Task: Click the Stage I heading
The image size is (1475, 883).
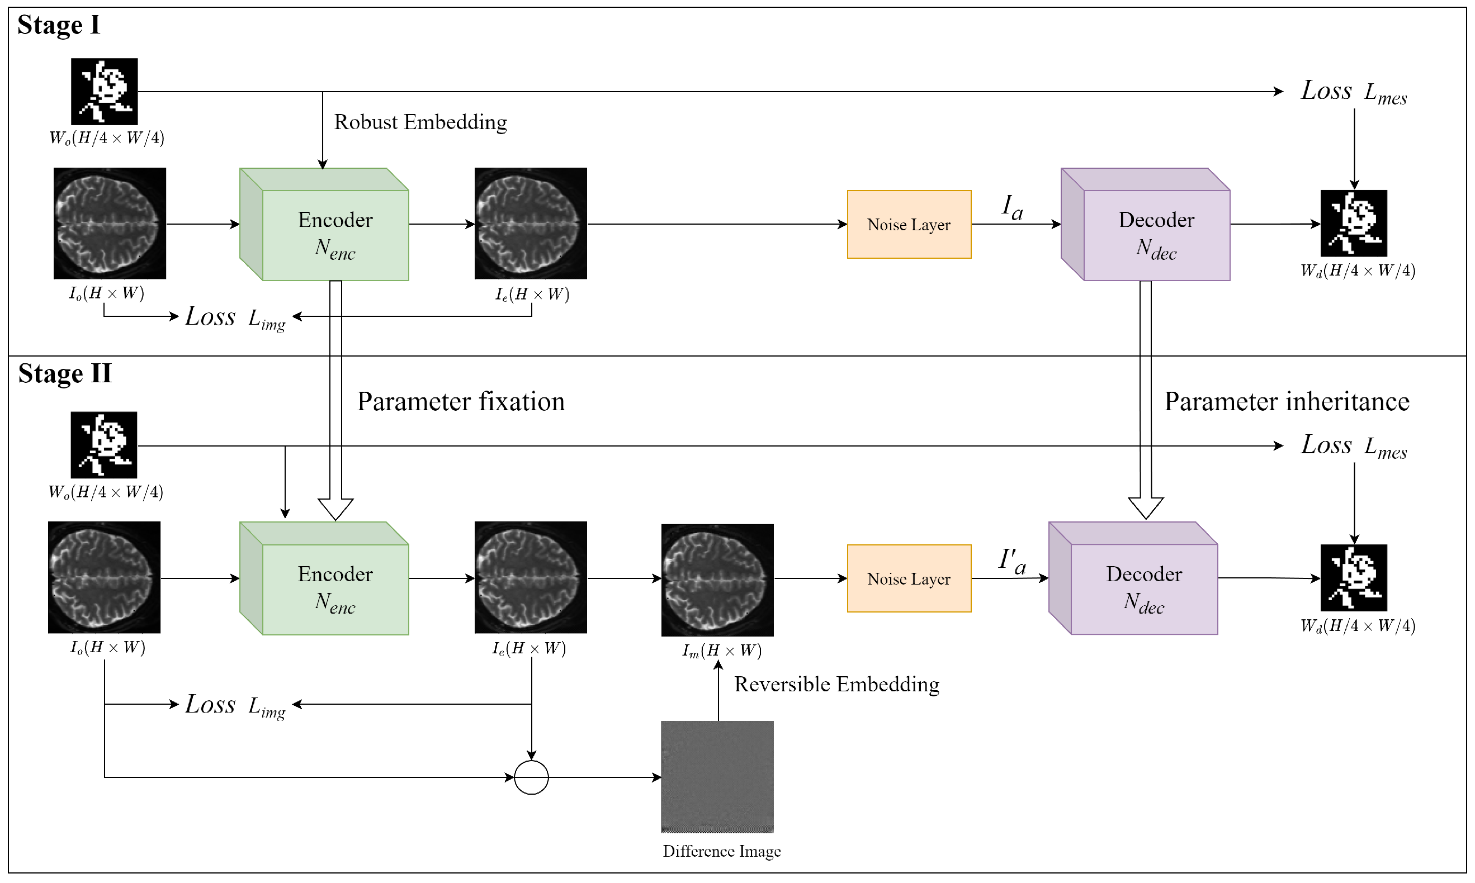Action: (58, 25)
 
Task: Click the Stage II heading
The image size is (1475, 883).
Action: (64, 374)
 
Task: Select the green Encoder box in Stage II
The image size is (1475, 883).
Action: (334, 589)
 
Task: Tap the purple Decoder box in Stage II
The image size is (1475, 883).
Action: (1143, 589)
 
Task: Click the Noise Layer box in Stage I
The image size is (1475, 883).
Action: (909, 224)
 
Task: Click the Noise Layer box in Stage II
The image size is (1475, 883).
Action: (909, 578)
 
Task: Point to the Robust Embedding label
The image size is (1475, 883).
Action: (420, 122)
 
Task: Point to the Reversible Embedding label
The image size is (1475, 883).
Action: (836, 684)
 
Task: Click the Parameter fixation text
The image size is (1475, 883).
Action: (460, 402)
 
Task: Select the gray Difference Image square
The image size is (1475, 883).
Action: (717, 776)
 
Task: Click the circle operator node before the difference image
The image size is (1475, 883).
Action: (531, 777)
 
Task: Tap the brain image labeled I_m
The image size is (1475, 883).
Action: (717, 580)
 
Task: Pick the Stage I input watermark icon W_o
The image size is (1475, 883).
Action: (104, 91)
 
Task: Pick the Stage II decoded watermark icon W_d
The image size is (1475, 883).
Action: (1353, 578)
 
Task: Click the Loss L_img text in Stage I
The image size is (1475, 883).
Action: (235, 317)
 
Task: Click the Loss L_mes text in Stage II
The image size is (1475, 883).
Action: (1353, 445)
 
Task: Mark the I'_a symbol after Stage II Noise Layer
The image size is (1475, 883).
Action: (1012, 561)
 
